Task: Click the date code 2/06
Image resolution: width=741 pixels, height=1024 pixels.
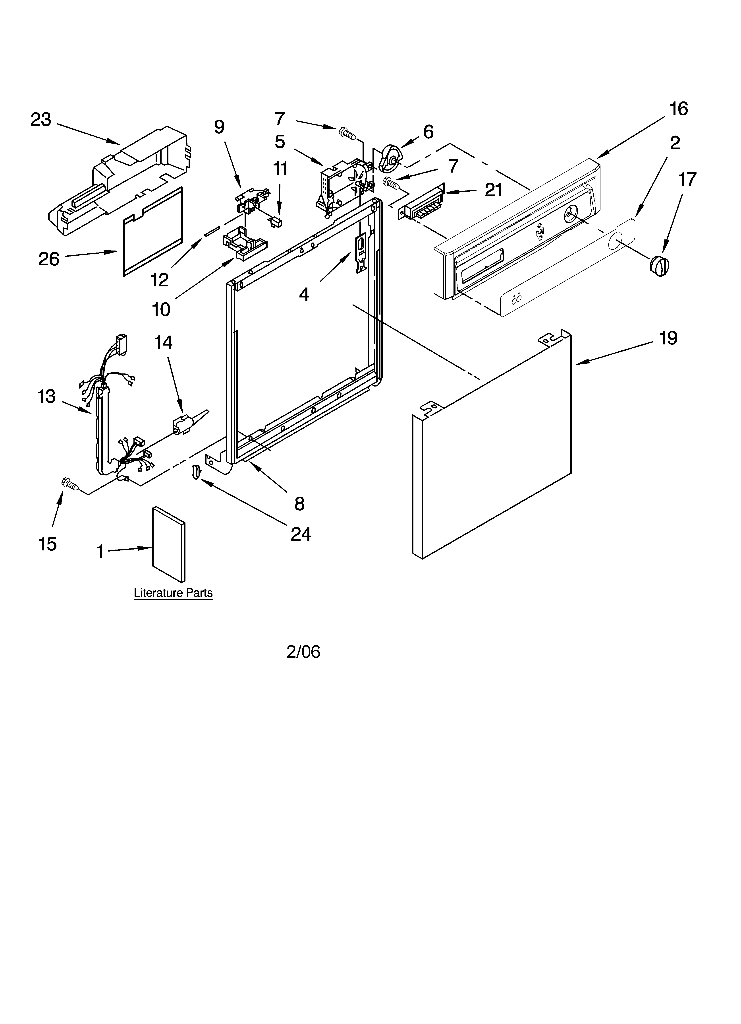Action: pyautogui.click(x=303, y=651)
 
